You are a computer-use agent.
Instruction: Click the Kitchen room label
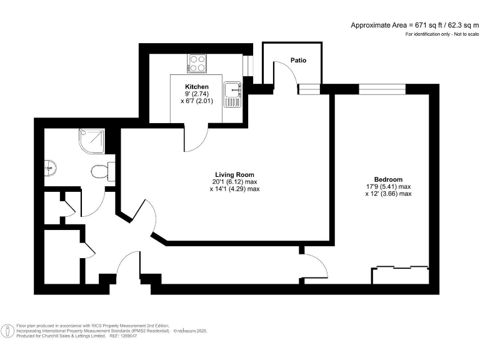pyautogui.click(x=196, y=86)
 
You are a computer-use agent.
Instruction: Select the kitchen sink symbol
pyautogui.click(x=234, y=94)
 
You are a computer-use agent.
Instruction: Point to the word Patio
pyautogui.click(x=298, y=61)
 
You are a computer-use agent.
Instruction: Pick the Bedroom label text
pyautogui.click(x=388, y=179)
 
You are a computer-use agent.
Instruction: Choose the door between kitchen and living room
pyautogui.click(x=194, y=139)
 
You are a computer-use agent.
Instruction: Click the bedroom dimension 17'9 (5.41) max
pyautogui.click(x=388, y=186)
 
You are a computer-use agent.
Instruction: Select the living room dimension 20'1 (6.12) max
pyautogui.click(x=234, y=182)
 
